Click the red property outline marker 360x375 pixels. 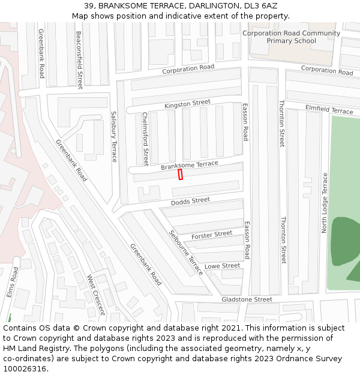pos(180,174)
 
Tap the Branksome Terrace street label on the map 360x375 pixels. pos(189,165)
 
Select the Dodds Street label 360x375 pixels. pos(190,201)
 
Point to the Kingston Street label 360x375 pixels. pos(187,104)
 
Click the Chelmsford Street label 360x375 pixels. pos(145,139)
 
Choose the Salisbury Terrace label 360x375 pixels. pos(114,136)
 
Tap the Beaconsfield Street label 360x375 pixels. pos(79,60)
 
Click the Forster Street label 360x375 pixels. pos(212,234)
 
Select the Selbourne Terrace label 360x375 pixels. pos(186,252)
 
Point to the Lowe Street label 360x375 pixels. pos(222,266)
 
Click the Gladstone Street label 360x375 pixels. pos(247,299)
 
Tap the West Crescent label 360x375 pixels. pos(96,295)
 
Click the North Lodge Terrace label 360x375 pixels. pos(325,203)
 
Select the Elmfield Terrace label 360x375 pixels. pos(329,110)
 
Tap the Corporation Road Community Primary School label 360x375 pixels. pos(291,37)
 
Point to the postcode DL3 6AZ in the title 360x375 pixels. pos(262,5)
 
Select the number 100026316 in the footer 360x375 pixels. pos(24,368)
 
